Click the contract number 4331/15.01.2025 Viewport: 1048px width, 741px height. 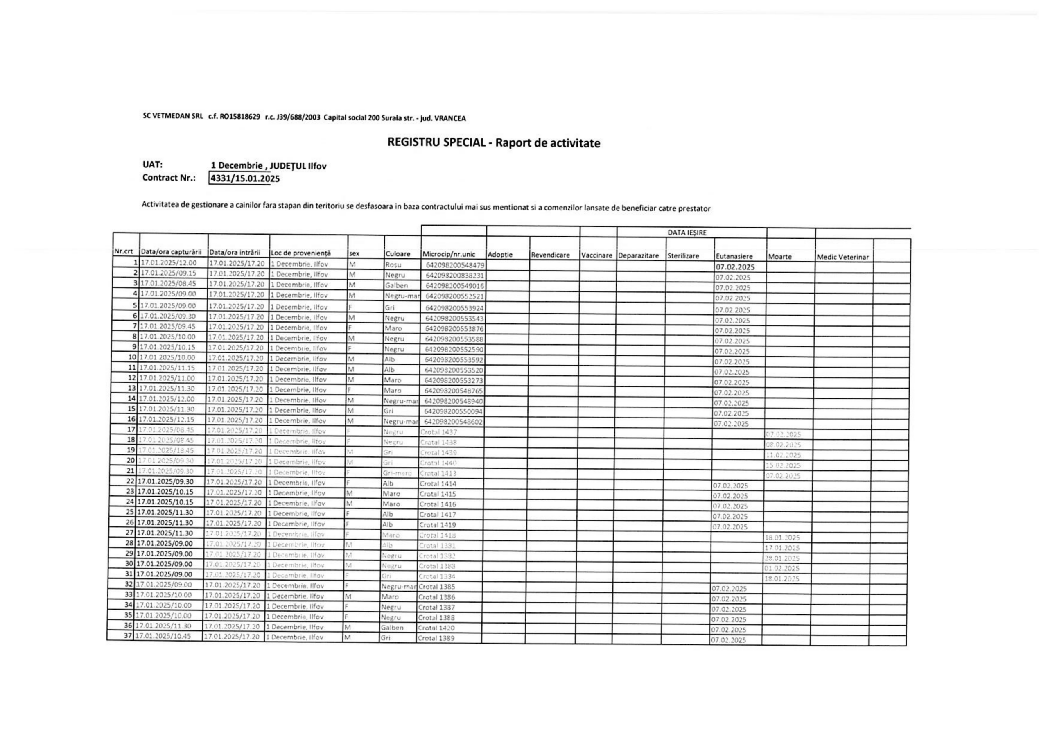pos(245,178)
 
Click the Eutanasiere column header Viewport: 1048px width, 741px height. pos(734,256)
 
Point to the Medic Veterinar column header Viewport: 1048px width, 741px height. pos(842,257)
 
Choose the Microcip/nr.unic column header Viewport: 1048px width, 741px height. pos(448,254)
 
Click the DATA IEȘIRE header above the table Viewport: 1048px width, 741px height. pos(687,233)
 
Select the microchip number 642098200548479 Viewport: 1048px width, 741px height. pos(454,265)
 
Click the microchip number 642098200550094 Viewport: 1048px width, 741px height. pos(453,411)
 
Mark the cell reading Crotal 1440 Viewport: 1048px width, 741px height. pos(438,463)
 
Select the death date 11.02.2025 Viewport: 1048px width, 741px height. pos(783,455)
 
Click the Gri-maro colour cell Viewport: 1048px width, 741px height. pos(397,473)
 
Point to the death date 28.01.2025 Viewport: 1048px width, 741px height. pos(782,558)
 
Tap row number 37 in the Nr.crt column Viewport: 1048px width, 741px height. pos(128,635)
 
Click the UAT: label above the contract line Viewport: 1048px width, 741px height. pos(152,165)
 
